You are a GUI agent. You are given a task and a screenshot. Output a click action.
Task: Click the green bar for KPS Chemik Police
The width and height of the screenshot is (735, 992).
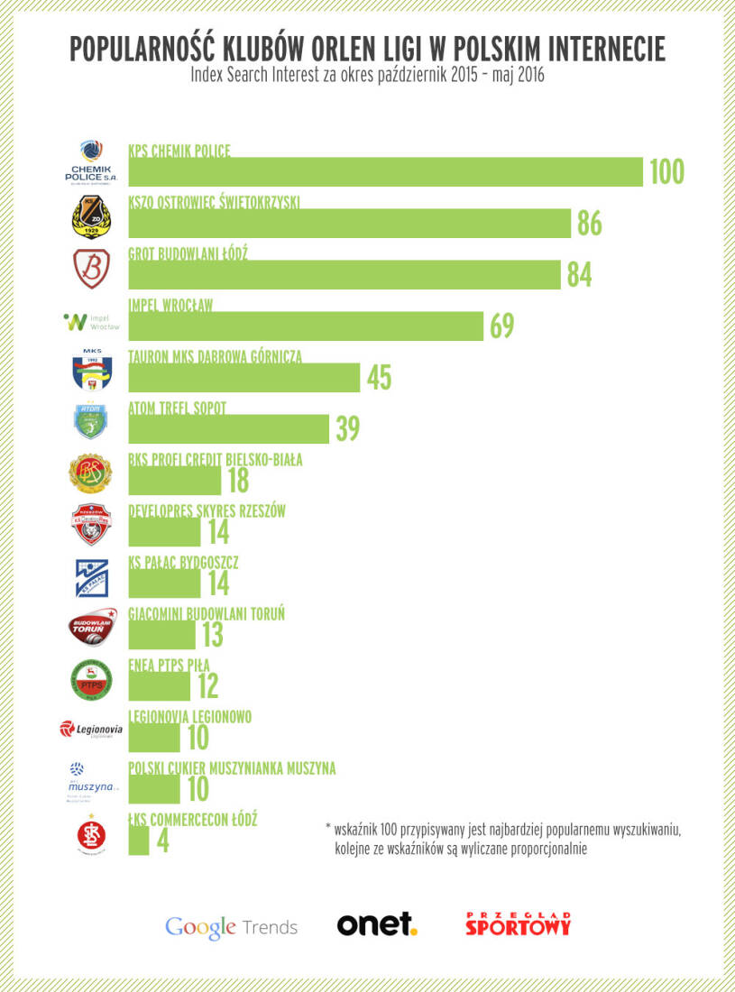385,171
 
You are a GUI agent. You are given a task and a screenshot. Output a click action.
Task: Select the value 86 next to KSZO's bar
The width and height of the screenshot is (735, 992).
589,223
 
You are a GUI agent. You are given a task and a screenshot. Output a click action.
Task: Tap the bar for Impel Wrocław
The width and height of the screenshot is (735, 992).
307,326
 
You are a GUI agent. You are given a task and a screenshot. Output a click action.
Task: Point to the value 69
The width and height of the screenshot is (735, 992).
501,326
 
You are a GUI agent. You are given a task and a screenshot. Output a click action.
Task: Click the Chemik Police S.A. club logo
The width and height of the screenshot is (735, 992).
90,161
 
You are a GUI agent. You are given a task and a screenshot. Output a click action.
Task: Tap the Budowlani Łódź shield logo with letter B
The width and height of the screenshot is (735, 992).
91,268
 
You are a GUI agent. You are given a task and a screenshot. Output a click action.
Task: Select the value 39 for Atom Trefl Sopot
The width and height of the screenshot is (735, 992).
347,429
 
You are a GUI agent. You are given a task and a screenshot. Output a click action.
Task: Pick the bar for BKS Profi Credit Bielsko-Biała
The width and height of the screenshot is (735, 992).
175,481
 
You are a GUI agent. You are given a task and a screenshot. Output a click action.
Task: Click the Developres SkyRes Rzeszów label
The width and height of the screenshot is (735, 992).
207,511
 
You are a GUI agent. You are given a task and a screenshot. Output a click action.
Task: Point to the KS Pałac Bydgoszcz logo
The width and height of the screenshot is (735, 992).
91,578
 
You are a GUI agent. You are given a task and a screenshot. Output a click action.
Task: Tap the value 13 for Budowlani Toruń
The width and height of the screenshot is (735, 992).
212,635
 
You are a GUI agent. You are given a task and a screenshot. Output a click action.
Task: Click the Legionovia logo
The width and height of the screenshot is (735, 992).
91,729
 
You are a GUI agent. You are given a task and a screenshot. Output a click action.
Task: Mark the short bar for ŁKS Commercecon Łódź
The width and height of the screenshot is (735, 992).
139,840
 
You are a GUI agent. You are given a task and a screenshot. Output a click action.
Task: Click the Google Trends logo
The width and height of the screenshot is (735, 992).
231,926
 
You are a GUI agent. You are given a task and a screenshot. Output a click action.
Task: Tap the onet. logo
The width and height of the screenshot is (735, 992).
376,924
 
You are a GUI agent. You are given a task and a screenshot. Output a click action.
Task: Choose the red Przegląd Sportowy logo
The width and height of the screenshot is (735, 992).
518,924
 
